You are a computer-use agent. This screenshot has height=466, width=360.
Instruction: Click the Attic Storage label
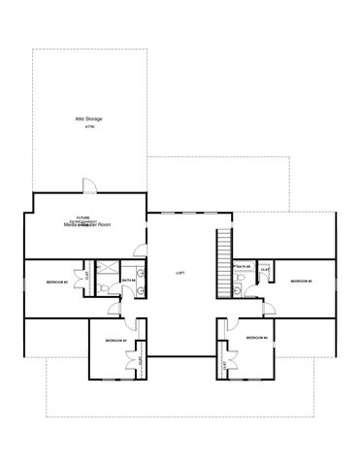[x=88, y=118]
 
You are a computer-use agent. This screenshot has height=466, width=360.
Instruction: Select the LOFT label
[x=180, y=274]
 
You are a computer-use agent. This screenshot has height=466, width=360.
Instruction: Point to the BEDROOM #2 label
[x=56, y=282]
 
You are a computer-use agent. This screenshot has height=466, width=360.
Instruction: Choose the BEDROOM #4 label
[x=256, y=337]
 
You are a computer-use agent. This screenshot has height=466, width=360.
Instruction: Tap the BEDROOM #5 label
[x=300, y=281]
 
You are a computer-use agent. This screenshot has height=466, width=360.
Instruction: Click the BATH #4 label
[x=129, y=282]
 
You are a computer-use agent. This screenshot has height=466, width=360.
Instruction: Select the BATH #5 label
[x=244, y=266]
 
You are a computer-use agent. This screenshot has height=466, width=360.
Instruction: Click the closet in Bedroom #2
[x=87, y=275]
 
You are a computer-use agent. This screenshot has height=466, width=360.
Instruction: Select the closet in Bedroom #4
[x=225, y=366]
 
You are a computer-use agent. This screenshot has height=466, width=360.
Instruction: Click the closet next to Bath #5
[x=265, y=270]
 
